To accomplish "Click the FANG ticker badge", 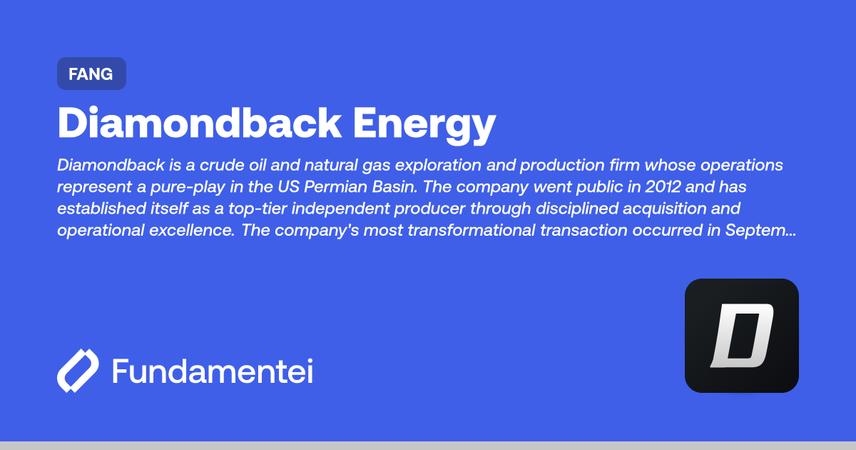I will [91, 74].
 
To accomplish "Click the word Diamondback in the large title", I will [199, 123].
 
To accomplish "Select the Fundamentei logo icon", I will [78, 371].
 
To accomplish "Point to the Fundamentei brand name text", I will [212, 371].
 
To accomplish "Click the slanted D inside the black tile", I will [741, 336].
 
